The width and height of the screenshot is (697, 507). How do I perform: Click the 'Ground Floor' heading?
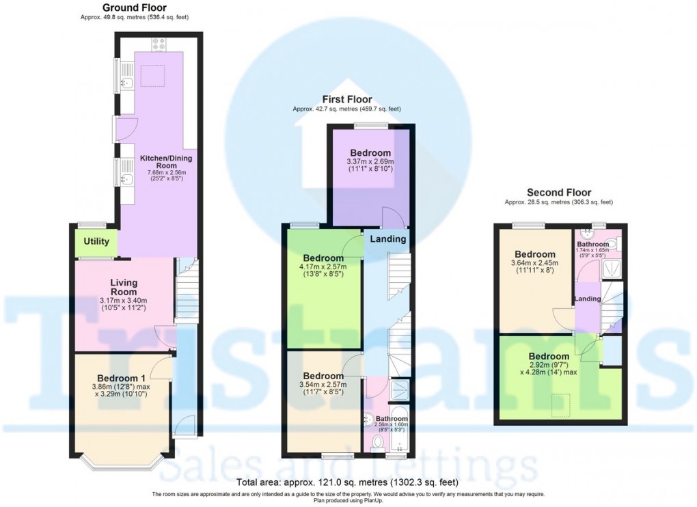pyautogui.click(x=134, y=8)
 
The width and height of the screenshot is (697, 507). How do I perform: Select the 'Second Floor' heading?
pyautogui.click(x=558, y=193)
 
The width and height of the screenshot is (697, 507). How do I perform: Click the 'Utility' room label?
pyautogui.click(x=96, y=242)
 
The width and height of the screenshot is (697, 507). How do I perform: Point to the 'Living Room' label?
pyautogui.click(x=124, y=288)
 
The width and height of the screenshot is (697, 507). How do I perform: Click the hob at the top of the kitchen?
pyautogui.click(x=159, y=44)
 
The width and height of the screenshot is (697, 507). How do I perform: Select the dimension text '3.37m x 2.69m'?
pyautogui.click(x=370, y=161)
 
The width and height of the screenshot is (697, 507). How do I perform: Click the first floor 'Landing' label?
pyautogui.click(x=387, y=239)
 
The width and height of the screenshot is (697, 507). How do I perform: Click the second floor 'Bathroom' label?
pyautogui.click(x=592, y=244)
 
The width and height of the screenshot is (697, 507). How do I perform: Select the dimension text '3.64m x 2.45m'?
pyautogui.click(x=534, y=263)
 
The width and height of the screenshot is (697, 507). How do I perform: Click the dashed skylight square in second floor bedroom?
pyautogui.click(x=562, y=406)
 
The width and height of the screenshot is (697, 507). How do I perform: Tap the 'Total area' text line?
pyautogui.click(x=348, y=482)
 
